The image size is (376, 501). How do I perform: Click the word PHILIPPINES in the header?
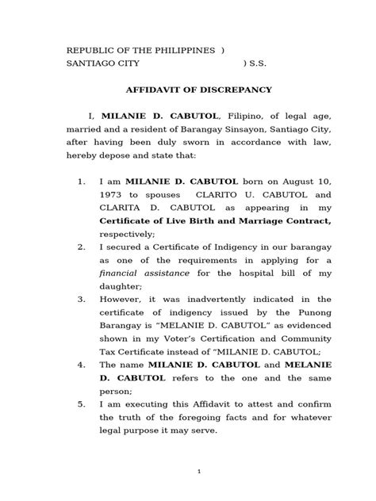184,50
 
